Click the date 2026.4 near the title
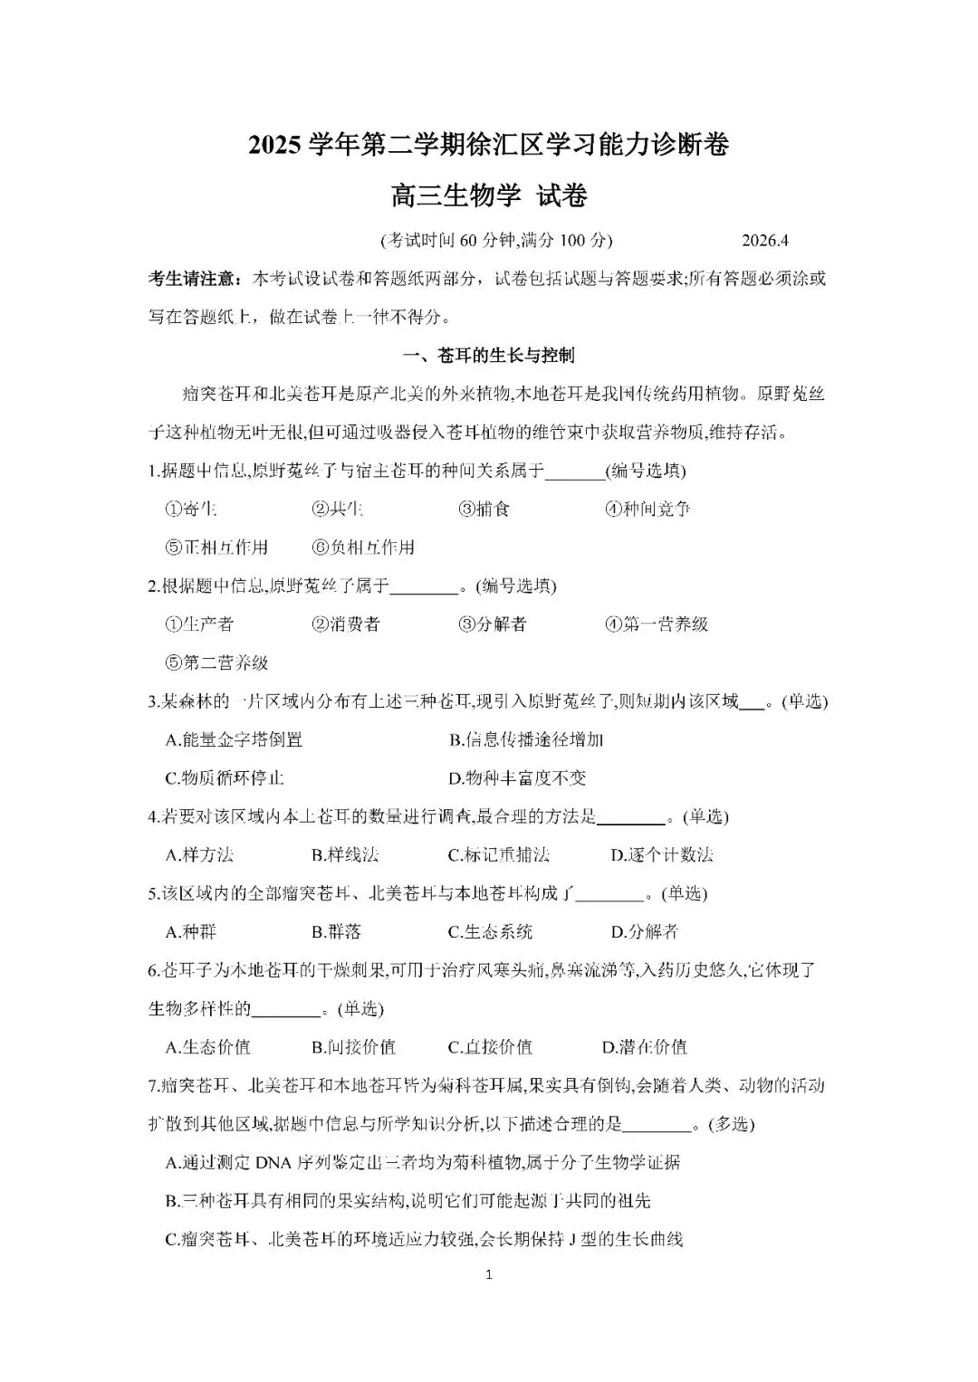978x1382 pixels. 765,241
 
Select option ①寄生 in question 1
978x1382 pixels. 191,509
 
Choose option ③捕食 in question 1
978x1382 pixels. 484,509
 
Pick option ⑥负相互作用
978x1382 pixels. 363,548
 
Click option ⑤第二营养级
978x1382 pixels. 217,662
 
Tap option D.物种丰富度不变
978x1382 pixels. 517,778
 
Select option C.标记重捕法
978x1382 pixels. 499,855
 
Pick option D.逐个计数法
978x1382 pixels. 662,855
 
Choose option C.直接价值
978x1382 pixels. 490,1047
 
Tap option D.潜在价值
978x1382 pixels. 645,1047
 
